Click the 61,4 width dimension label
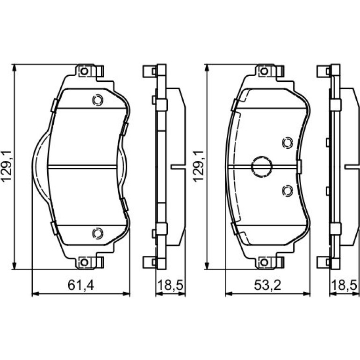point(81,285)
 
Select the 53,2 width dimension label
point(267,285)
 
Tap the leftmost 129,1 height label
point(7,166)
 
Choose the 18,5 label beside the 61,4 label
point(170,285)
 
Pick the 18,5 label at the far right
point(345,285)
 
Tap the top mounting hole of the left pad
point(84,71)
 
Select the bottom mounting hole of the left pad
point(84,262)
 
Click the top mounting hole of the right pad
point(264,71)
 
